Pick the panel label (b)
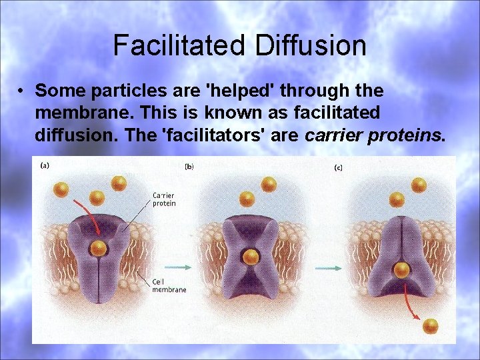click(189, 166)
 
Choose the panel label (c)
click(339, 167)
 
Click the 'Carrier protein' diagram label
click(164, 199)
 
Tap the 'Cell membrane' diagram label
click(169, 286)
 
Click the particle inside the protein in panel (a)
click(99, 249)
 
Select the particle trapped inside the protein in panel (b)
click(251, 257)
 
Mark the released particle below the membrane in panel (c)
click(431, 325)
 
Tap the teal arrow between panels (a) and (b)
click(177, 268)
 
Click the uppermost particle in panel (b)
click(269, 184)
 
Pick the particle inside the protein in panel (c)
click(401, 270)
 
